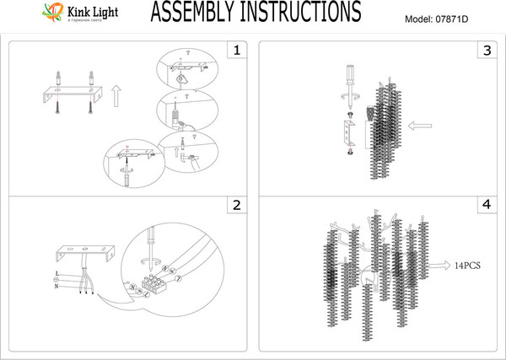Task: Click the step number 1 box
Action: coord(237,51)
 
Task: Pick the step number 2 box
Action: coord(237,205)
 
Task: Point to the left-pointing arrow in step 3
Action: coord(419,126)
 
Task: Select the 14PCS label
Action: coord(466,265)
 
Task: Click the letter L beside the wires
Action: coord(56,274)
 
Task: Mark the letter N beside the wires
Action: coord(56,286)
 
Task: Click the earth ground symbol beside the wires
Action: coord(56,280)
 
